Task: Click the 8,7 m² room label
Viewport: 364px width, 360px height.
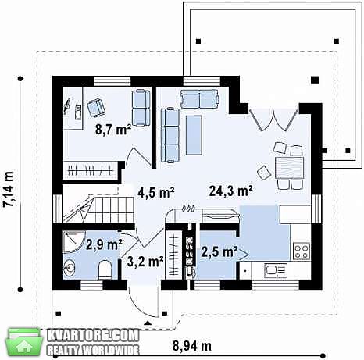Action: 113,130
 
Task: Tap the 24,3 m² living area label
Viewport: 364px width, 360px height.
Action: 231,191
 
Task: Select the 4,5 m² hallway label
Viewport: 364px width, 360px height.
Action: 156,193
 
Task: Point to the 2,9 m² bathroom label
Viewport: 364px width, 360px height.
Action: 104,244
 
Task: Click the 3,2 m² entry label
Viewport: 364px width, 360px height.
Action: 145,262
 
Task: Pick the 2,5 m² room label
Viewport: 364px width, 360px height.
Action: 219,251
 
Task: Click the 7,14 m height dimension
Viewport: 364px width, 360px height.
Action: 9,189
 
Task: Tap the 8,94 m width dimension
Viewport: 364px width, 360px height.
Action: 192,346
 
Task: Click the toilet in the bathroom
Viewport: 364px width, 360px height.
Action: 105,270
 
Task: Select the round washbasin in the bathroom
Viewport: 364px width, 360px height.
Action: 70,268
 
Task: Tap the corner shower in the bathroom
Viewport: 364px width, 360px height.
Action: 74,242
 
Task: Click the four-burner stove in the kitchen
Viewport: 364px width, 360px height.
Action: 302,251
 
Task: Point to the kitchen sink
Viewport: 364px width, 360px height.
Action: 276,270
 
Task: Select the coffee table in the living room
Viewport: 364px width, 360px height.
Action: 194,135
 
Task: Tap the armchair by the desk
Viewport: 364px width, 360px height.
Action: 95,108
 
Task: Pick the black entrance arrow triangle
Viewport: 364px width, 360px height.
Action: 148,323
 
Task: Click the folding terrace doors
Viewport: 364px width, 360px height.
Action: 273,120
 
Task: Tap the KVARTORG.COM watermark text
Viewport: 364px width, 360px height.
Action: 93,336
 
